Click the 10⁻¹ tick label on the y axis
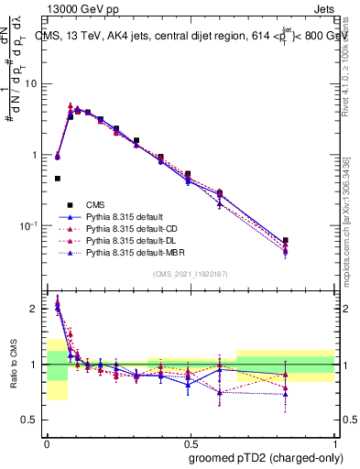(x=32, y=226)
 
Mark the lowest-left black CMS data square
(x=58, y=179)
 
